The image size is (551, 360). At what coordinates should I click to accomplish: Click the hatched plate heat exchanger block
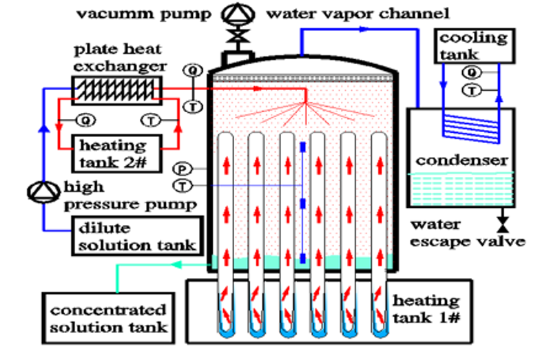(116, 89)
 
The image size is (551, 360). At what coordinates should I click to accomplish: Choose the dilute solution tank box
(137, 235)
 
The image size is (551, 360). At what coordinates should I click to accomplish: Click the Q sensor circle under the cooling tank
(471, 72)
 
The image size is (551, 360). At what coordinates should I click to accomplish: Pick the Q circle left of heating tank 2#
(85, 120)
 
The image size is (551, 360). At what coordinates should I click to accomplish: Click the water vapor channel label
(357, 12)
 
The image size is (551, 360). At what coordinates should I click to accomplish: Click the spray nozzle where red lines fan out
(304, 104)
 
